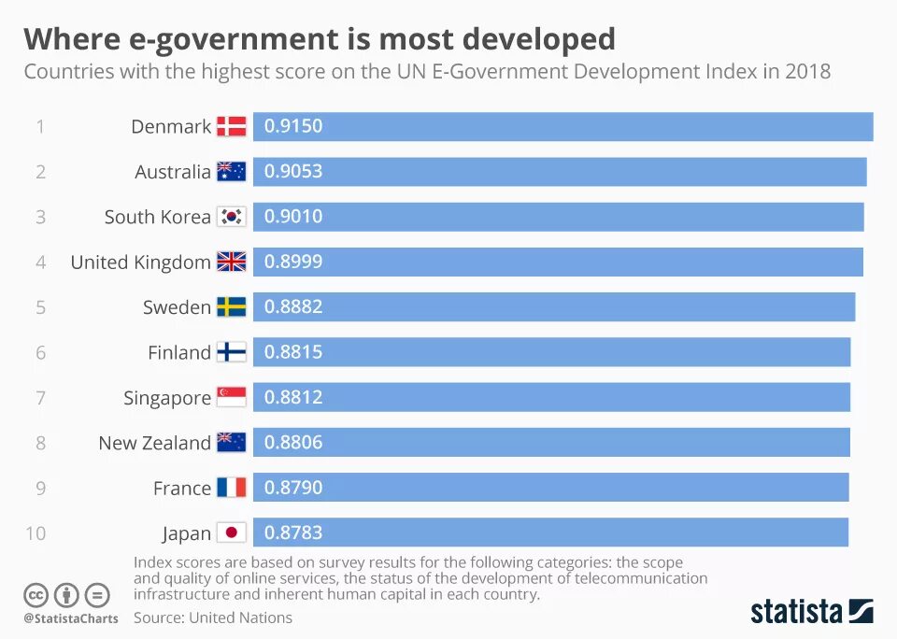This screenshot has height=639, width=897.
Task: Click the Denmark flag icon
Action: tap(231, 126)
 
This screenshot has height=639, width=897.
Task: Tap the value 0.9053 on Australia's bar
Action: tap(293, 171)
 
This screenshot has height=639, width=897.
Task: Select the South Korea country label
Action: tap(157, 217)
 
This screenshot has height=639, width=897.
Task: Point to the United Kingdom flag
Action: tap(231, 262)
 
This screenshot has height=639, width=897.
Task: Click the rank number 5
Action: tap(40, 307)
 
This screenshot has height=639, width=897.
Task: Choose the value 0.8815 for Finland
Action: tap(293, 352)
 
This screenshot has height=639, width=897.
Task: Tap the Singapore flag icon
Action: tap(231, 397)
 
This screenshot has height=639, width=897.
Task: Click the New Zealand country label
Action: tap(154, 443)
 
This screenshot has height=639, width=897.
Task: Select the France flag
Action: tap(231, 488)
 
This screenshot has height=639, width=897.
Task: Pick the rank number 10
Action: tap(36, 533)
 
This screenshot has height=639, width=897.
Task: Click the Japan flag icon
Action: tap(231, 532)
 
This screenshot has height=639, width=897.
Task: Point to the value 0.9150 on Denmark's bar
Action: tap(293, 126)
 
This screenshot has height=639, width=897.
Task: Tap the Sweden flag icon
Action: tap(231, 306)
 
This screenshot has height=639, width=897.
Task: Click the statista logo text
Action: tap(796, 612)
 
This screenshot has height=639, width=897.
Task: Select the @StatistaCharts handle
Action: tap(71, 618)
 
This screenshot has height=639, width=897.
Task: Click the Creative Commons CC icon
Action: tap(36, 595)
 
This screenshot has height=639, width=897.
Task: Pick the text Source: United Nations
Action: tap(213, 618)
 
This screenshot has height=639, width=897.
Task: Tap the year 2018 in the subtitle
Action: tap(807, 72)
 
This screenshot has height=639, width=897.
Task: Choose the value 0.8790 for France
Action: tap(293, 488)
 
